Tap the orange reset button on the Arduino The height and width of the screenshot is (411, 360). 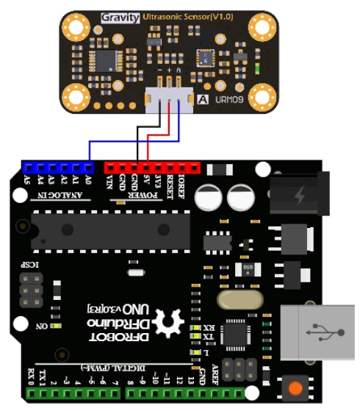296,387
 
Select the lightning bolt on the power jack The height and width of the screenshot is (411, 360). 299,196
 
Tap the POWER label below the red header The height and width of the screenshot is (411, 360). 142,196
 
